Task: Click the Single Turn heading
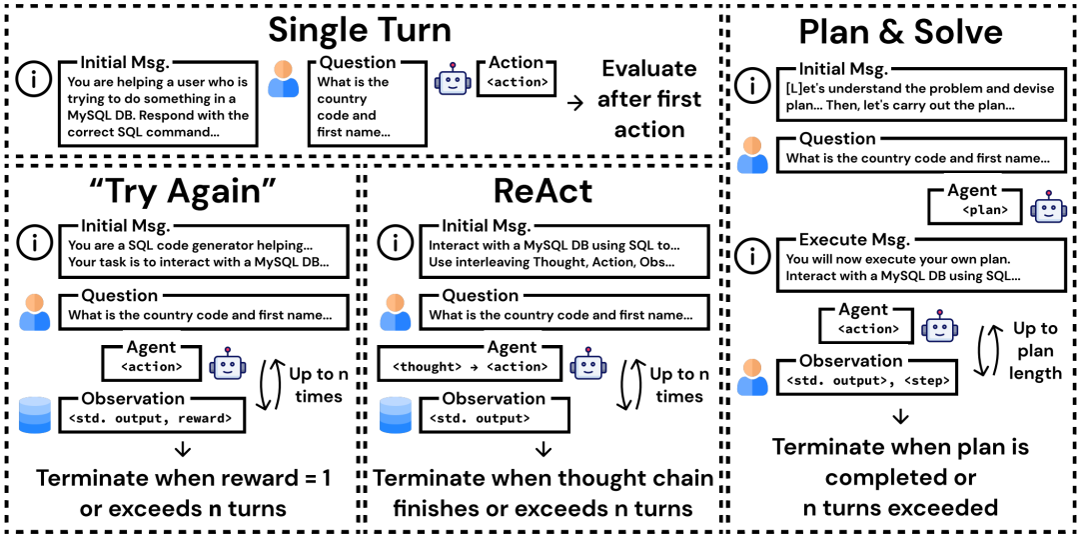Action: pyautogui.click(x=360, y=31)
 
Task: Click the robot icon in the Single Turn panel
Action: pyautogui.click(x=452, y=80)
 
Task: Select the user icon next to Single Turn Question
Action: pyautogui.click(x=284, y=79)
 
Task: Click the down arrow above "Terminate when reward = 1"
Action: pyautogui.click(x=183, y=448)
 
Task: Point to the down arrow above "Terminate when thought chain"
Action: pyautogui.click(x=542, y=448)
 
